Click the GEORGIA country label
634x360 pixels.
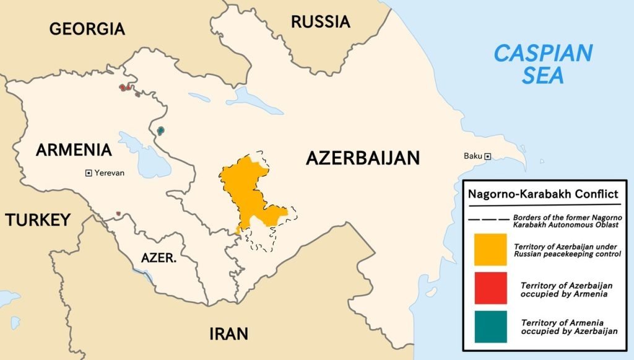coord(87,29)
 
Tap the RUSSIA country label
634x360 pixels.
coord(320,22)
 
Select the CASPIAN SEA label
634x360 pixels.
coord(542,64)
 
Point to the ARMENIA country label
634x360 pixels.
coord(74,150)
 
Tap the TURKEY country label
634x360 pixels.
coord(38,220)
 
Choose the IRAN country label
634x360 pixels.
coord(228,334)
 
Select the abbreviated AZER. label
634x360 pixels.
coord(158,258)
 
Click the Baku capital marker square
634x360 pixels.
coord(488,156)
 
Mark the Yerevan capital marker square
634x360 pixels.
coord(89,173)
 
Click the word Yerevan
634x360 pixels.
coord(110,173)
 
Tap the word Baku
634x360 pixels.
coord(472,156)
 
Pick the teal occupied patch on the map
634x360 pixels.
coord(161,131)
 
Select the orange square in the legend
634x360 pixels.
coord(490,250)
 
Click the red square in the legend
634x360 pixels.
coord(490,288)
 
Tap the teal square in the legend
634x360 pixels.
coord(490,327)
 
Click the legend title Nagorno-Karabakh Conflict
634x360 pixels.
coord(543,194)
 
